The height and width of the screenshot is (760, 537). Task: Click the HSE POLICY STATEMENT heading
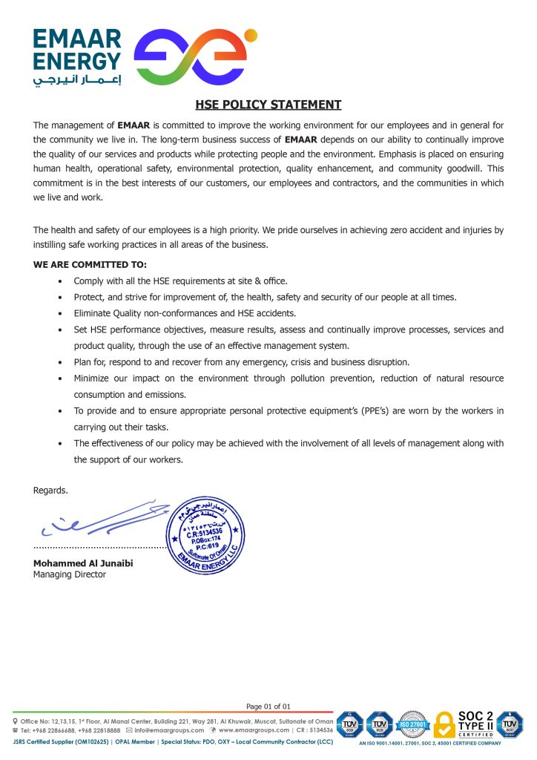click(268, 105)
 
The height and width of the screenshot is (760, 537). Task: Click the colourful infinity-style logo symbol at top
click(194, 57)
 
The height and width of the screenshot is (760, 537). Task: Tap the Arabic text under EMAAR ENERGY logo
click(76, 80)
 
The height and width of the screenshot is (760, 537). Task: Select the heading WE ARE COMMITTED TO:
click(90, 264)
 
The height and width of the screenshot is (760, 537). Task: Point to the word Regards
click(50, 490)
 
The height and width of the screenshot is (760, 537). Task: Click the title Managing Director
click(70, 574)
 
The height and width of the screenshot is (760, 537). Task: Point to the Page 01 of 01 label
click(268, 706)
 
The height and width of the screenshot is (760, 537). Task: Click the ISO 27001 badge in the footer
click(412, 724)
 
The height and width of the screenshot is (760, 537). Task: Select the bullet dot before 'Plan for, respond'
click(59, 362)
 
